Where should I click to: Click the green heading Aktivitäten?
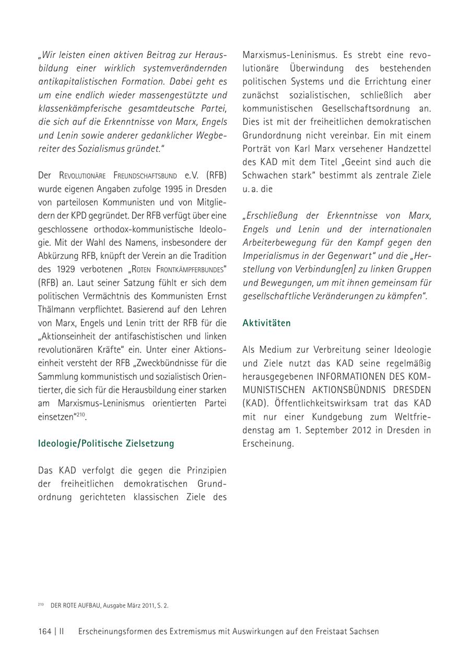pyautogui.click(x=266, y=323)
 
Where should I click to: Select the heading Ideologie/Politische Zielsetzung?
pyautogui.click(x=106, y=444)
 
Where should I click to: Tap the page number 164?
pyautogui.click(x=44, y=631)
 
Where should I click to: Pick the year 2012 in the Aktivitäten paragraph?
pyautogui.click(x=354, y=430)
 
